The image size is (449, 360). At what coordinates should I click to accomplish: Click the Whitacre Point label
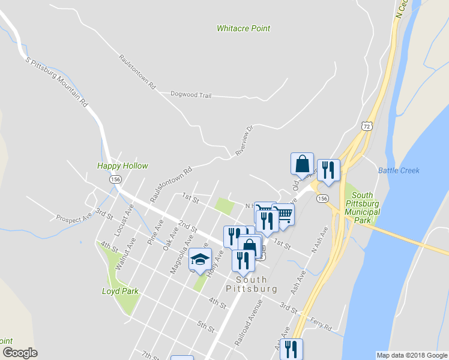click(243, 28)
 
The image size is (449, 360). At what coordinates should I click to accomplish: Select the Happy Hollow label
click(122, 166)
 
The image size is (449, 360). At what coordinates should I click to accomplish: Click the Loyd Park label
click(120, 291)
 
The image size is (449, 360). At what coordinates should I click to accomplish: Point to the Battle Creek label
click(399, 170)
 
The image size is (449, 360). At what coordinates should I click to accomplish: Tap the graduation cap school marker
click(200, 260)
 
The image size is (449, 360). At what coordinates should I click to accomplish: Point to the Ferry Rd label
click(321, 325)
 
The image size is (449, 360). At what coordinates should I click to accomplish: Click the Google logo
click(19, 353)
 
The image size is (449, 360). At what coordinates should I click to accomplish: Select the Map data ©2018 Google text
click(411, 355)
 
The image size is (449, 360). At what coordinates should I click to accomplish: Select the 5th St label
click(206, 326)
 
